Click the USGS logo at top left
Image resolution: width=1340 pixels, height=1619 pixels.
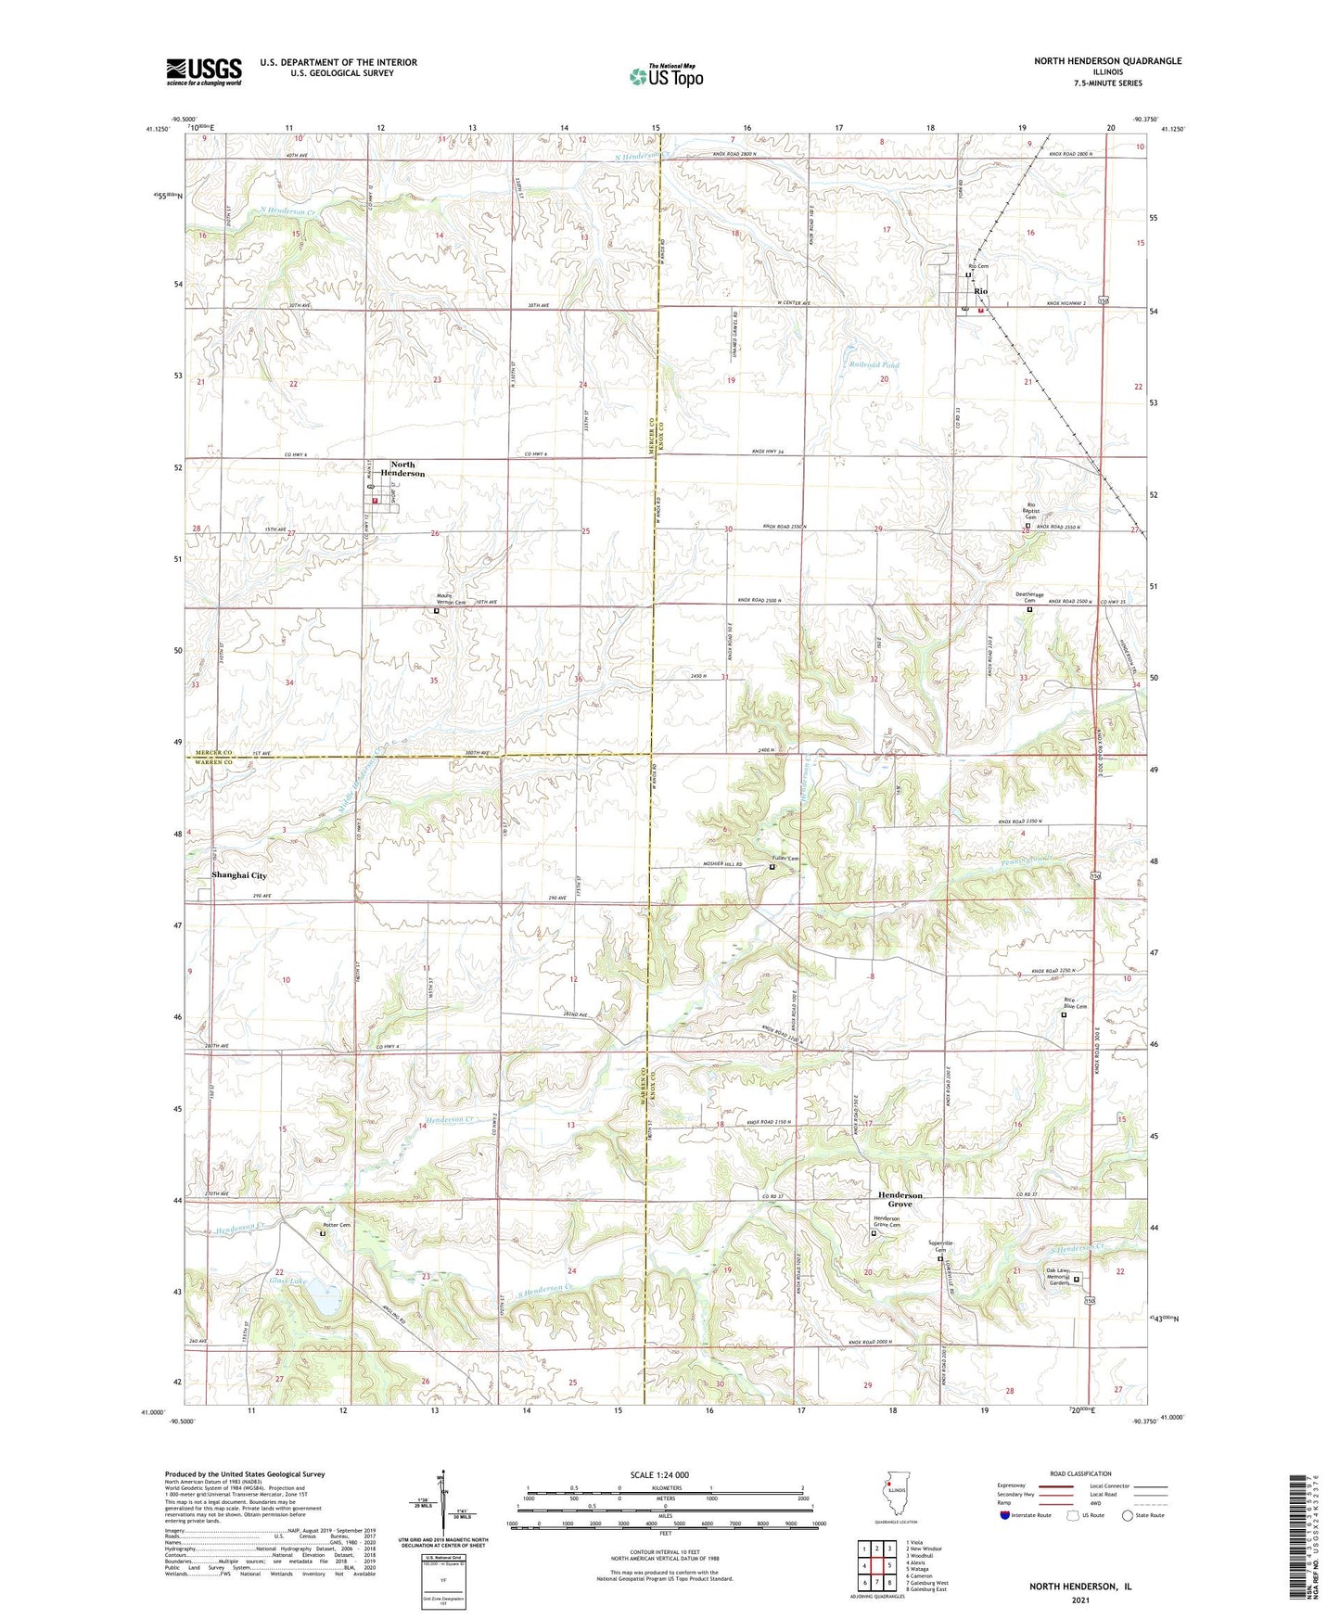pos(204,71)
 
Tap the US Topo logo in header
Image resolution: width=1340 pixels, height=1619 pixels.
pos(666,76)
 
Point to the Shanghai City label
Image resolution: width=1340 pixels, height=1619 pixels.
pos(238,875)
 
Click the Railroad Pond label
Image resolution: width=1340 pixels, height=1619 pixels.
pos(874,365)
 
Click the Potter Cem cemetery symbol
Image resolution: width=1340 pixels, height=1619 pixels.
pos(323,1234)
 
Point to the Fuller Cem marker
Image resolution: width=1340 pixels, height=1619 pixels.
pos(772,867)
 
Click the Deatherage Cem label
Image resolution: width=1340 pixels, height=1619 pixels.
pos(1029,598)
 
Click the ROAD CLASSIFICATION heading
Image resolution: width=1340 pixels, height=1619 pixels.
pos(1081,1473)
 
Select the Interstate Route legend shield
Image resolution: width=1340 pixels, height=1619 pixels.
pos(1005,1515)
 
